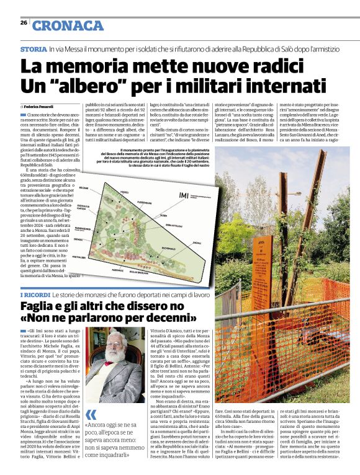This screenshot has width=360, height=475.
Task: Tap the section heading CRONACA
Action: coord(68,25)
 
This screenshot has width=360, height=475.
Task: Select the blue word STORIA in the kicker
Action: coord(33,49)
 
